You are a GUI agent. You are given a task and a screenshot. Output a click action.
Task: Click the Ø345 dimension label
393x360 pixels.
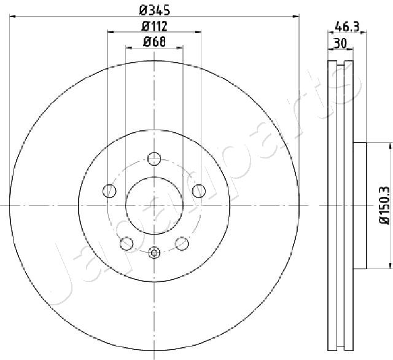pyautogui.click(x=155, y=10)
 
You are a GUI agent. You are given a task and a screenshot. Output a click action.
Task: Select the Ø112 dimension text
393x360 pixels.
pyautogui.click(x=154, y=26)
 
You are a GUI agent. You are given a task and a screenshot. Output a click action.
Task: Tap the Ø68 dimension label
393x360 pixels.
pyautogui.click(x=154, y=42)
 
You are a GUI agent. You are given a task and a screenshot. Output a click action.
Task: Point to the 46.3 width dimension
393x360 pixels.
pyautogui.click(x=348, y=26)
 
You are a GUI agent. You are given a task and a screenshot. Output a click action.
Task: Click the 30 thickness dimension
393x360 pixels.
pyautogui.click(x=340, y=43)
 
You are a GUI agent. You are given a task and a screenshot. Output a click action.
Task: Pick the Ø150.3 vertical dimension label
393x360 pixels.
pyautogui.click(x=384, y=205)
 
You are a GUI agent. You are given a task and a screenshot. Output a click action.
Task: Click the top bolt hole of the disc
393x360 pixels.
pyautogui.click(x=154, y=158)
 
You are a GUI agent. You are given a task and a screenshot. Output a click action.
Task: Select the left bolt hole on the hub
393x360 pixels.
pyautogui.click(x=109, y=191)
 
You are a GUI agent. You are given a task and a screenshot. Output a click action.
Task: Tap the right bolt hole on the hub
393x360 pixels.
pyautogui.click(x=199, y=191)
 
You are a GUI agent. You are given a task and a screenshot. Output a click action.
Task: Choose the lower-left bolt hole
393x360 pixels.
pyautogui.click(x=126, y=243)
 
